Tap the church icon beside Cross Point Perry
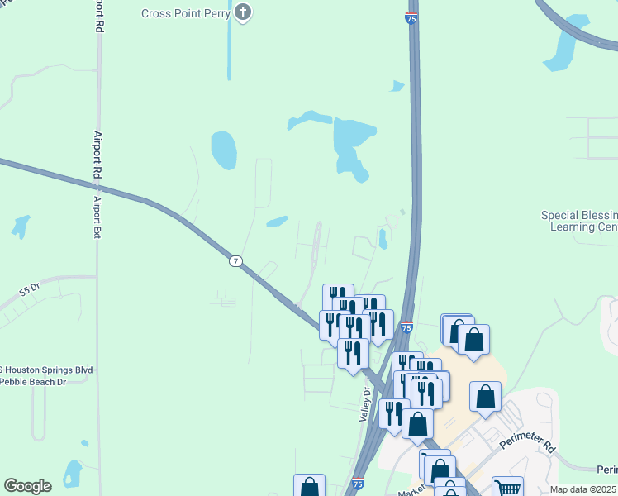coord(243,12)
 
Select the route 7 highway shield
coord(236,261)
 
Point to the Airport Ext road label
coord(97,217)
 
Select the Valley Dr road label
coord(364,406)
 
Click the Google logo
coord(27,486)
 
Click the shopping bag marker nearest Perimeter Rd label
coord(486,398)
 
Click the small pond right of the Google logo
coord(73,473)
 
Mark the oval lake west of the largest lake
coord(223,150)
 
